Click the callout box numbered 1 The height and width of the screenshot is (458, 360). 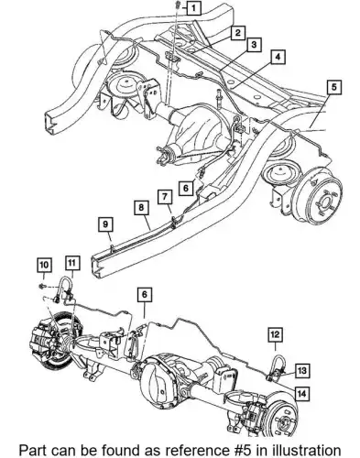coord(194,8)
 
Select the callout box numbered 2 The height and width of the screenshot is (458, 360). coord(238,33)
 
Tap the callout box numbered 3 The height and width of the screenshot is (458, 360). coord(254,45)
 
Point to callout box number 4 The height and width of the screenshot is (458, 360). coord(278,57)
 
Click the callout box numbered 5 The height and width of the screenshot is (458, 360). coord(334,87)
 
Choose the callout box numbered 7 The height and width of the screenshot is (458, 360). coord(165,197)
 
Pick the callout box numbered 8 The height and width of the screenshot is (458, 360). coord(141,208)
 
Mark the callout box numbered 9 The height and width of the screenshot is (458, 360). coord(105,225)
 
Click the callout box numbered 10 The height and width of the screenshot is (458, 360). coord(44,265)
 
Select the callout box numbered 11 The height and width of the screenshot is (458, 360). coord(72,263)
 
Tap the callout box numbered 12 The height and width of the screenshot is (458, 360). coord(275,334)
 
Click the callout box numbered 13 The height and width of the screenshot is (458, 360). coord(302,371)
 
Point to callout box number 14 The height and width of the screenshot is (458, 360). coord(301,394)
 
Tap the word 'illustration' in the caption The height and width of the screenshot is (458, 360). coord(305,451)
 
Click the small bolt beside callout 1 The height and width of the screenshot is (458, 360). coord(179,5)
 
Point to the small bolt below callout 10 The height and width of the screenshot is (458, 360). coord(41,286)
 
